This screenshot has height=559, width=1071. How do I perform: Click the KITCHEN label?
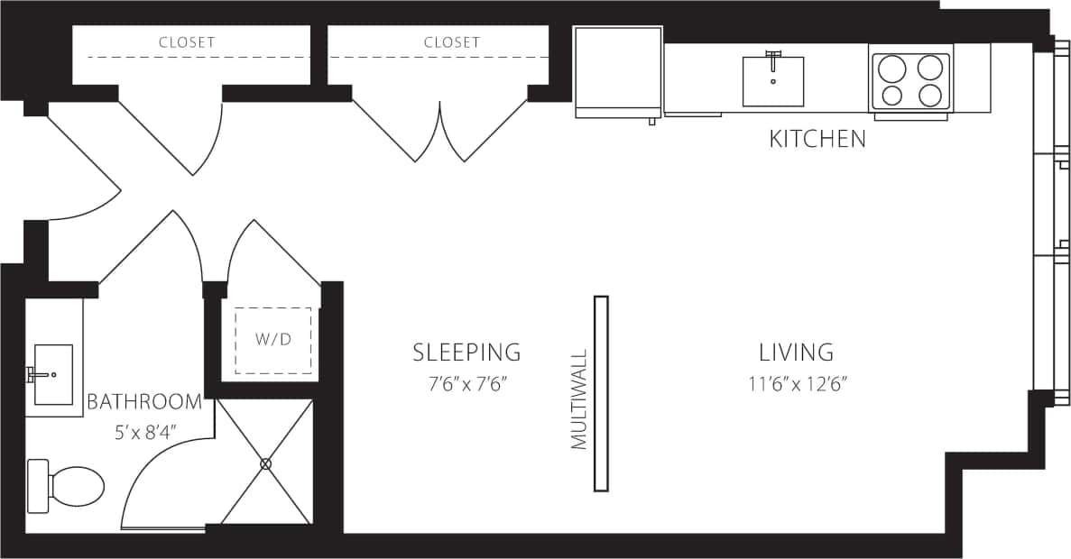pos(817,139)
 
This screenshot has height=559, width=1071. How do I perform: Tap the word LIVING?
pos(796,352)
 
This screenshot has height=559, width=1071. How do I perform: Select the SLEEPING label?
pos(466,352)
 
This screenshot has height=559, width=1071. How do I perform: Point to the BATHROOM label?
pos(144,402)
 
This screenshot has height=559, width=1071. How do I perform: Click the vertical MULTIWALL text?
pos(579,399)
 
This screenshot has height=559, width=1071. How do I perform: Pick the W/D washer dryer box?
pos(272,341)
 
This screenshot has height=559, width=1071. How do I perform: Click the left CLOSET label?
pos(187,42)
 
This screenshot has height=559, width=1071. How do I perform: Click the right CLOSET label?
pos(452,42)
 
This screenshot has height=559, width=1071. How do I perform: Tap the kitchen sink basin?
pos(772,81)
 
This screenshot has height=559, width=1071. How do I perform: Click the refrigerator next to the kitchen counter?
pos(618,72)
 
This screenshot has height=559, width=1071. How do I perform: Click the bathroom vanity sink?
pos(52,374)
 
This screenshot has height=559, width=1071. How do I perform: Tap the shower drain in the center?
pos(265,463)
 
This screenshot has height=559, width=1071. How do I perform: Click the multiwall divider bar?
pos(601,393)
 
